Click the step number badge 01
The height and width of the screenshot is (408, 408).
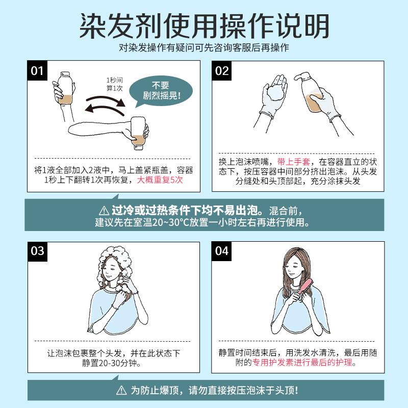click(37, 71)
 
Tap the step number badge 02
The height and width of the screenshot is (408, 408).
click(222, 71)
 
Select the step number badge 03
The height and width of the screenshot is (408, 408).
click(37, 251)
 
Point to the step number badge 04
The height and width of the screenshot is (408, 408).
click(222, 251)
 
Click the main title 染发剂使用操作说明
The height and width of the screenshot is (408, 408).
click(204, 24)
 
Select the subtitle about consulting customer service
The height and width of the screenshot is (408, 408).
click(204, 47)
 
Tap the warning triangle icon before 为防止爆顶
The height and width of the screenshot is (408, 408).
click(121, 391)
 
